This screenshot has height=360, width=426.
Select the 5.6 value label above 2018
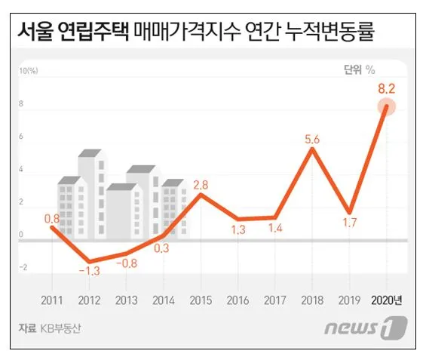(313, 139)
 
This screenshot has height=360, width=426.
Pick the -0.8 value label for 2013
(127, 264)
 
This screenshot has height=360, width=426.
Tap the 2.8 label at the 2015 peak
(201, 184)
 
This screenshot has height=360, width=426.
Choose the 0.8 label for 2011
(52, 219)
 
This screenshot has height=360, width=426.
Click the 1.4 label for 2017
(275, 229)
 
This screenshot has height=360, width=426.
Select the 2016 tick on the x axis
(238, 300)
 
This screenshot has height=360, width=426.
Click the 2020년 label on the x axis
(387, 300)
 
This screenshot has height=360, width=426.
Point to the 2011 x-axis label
(53, 300)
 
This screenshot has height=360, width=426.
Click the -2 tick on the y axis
(23, 267)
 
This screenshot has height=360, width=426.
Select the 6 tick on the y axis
(23, 137)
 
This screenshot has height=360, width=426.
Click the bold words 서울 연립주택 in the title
(72, 32)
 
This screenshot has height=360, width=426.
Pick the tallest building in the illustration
(90, 189)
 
